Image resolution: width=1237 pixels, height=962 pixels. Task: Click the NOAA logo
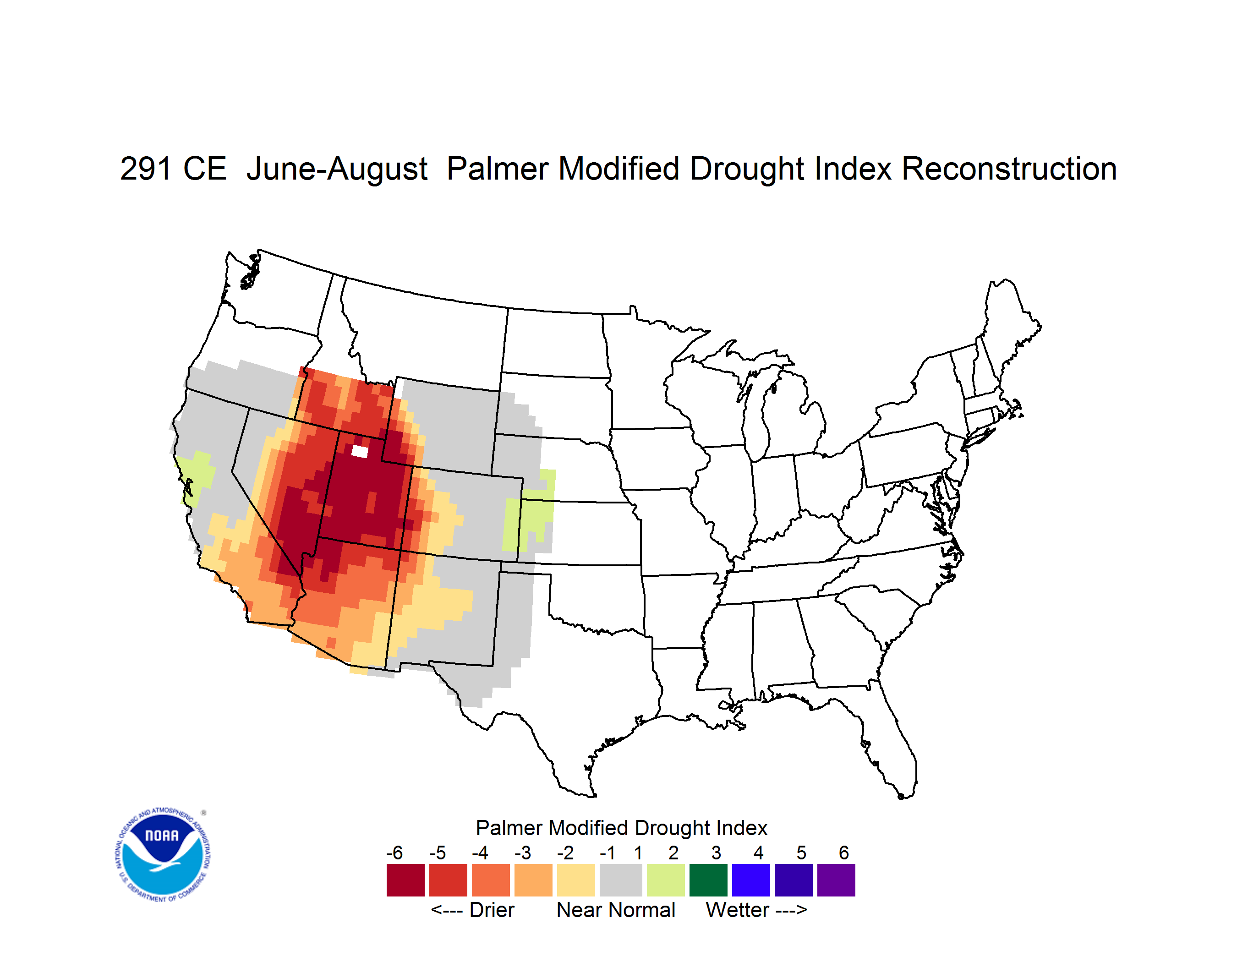(163, 854)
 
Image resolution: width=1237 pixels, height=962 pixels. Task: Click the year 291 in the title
(145, 169)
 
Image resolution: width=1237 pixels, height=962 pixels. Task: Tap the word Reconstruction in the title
(1009, 169)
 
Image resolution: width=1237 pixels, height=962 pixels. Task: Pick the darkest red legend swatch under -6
(405, 880)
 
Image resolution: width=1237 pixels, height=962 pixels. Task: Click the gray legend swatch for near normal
(621, 880)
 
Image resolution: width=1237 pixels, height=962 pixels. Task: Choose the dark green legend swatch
(708, 880)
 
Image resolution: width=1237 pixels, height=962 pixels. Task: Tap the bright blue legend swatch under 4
(751, 880)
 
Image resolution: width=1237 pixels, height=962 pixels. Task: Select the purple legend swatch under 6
(836, 880)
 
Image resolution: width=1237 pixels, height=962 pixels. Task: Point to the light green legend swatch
(666, 880)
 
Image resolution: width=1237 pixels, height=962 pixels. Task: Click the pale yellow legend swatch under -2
(576, 880)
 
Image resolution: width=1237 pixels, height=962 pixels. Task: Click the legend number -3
(522, 853)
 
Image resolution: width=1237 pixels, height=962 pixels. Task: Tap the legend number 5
(801, 853)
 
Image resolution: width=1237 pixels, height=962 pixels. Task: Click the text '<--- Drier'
(472, 910)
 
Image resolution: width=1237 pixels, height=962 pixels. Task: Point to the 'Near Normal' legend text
(616, 910)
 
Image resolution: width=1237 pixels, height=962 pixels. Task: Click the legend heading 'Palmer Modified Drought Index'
(621, 828)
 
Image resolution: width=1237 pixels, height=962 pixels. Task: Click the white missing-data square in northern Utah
(360, 451)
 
